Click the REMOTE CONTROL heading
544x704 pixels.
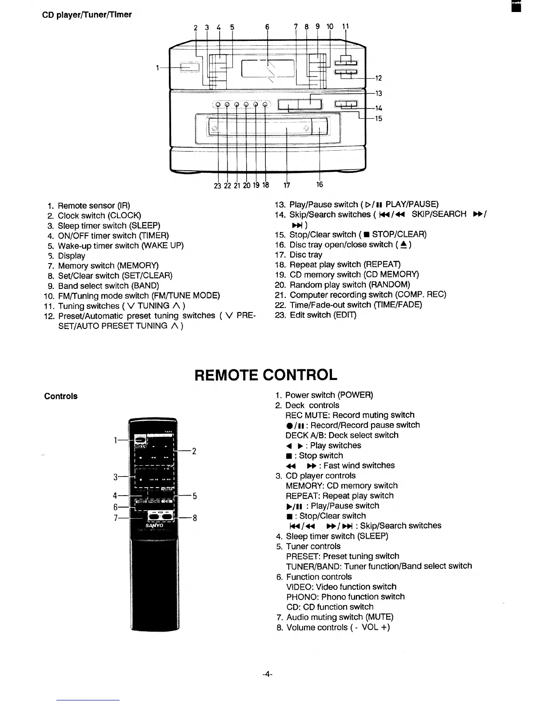tap(266, 375)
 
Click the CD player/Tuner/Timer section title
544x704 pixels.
tap(87, 15)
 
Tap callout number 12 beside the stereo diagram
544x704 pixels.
tap(379, 79)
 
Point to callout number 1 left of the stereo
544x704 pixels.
tap(158, 68)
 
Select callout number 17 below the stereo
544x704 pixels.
tap(287, 185)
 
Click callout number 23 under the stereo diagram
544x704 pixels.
tap(217, 186)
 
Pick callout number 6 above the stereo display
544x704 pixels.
tap(267, 27)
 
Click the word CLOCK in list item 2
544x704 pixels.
tap(124, 216)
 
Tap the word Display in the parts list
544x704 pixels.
tap(72, 256)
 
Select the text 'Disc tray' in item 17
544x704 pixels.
tap(306, 255)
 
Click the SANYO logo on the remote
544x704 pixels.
tap(154, 525)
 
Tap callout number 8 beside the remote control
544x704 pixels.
tap(195, 518)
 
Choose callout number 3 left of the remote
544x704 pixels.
tap(116, 477)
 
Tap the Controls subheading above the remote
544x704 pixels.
tap(60, 396)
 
